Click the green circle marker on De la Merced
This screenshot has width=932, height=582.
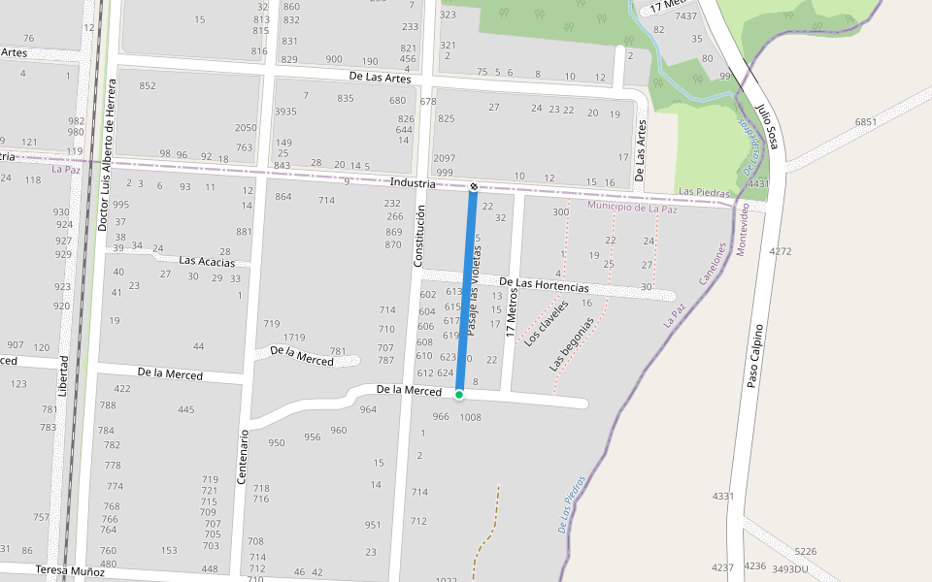click(x=459, y=395)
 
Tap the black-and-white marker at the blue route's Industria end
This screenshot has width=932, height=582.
click(x=474, y=186)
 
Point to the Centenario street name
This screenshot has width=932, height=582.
click(x=244, y=456)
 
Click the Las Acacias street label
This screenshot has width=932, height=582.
click(x=207, y=261)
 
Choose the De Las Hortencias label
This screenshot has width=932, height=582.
click(x=544, y=285)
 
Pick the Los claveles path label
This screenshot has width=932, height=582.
click(x=546, y=323)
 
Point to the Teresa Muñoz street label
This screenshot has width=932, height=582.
click(x=69, y=571)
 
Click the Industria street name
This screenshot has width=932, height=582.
click(x=413, y=183)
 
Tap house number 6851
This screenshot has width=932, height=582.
click(x=865, y=122)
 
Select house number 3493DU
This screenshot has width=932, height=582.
click(x=789, y=568)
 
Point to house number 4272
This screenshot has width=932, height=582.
click(x=781, y=251)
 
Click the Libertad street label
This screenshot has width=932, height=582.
click(x=63, y=375)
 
